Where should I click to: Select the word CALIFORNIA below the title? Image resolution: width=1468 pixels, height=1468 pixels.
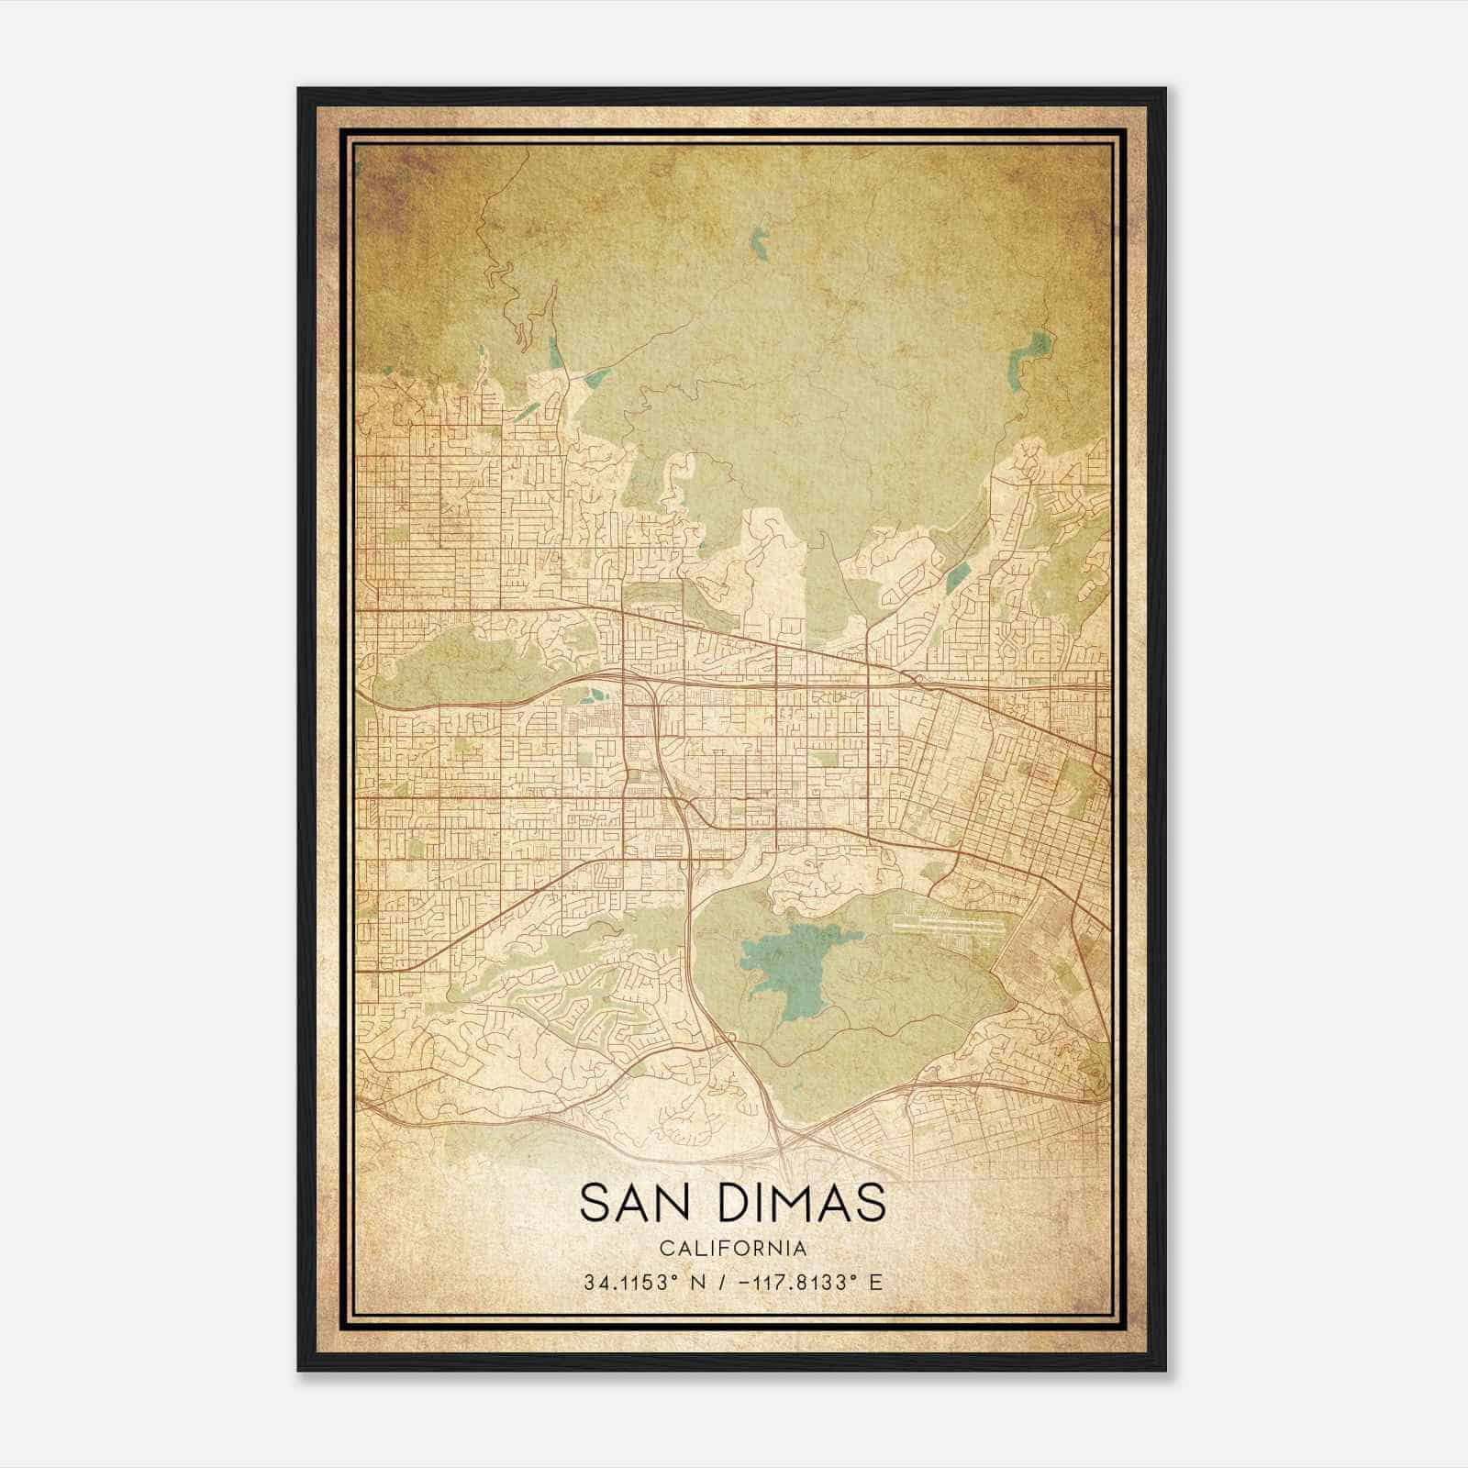pyautogui.click(x=733, y=1249)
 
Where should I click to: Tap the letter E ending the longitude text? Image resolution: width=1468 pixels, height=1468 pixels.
pyautogui.click(x=876, y=1282)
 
